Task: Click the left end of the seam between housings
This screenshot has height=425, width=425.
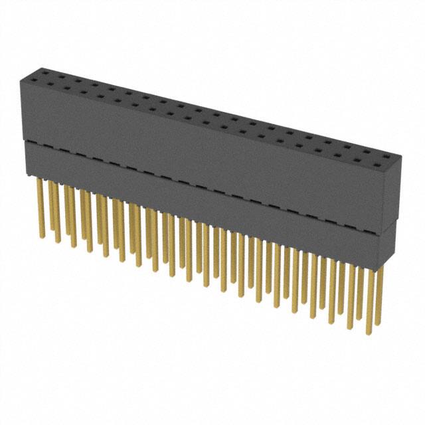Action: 23,141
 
